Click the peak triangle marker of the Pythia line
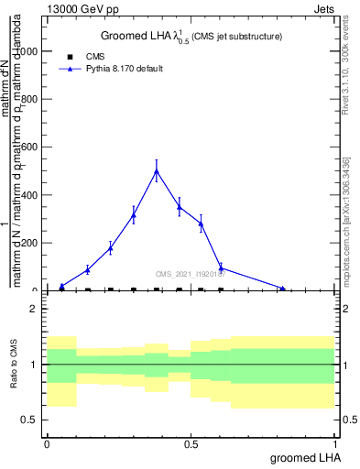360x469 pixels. click(x=157, y=170)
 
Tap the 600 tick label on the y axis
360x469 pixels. click(x=29, y=147)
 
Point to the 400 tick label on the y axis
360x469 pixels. click(x=29, y=195)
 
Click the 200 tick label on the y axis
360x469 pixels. click(x=29, y=243)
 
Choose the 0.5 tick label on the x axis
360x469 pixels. click(x=191, y=444)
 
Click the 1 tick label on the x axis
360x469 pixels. click(x=336, y=444)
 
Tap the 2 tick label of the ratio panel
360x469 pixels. click(x=33, y=309)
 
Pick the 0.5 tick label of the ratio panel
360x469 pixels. click(x=29, y=420)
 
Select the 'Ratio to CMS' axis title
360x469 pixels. click(x=14, y=364)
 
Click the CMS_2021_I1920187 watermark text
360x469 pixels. click(x=191, y=274)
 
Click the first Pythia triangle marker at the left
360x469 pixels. click(x=61, y=286)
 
